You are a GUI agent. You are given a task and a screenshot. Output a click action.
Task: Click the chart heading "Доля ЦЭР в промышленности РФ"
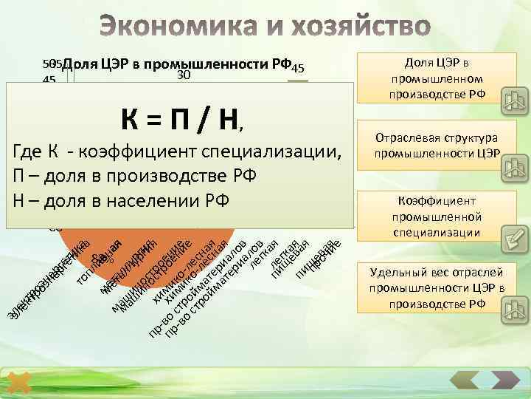point(181,64)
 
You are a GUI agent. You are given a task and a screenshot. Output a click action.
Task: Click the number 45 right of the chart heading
point(298,69)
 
